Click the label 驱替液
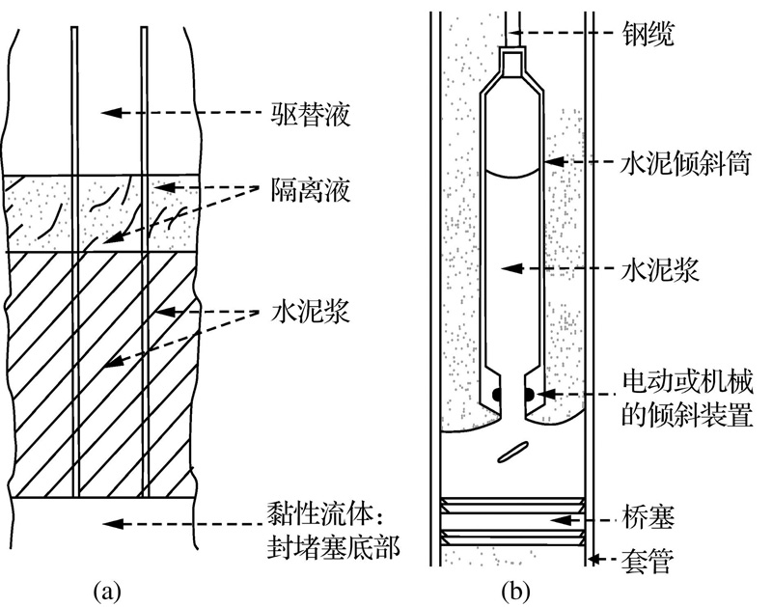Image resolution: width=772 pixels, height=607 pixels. click(x=310, y=114)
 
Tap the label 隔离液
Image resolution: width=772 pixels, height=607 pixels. click(x=310, y=189)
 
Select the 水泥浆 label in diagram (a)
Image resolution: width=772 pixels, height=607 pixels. click(x=310, y=311)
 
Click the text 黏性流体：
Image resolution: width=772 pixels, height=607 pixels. click(x=325, y=515)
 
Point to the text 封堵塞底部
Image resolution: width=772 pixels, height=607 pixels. click(x=333, y=547)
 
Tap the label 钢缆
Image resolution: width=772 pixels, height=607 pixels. click(x=648, y=34)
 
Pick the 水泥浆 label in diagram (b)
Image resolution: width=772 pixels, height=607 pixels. click(x=660, y=270)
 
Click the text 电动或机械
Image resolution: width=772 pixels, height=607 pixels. click(x=688, y=383)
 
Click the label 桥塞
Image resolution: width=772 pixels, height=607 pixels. click(x=648, y=517)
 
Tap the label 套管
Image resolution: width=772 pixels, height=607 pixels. click(x=648, y=561)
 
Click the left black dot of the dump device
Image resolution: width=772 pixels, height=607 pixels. click(x=498, y=395)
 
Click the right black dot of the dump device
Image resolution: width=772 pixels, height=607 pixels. click(x=528, y=395)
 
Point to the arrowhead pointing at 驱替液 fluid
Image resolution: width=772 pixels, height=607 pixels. click(x=112, y=113)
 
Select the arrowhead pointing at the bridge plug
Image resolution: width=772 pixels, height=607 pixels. click(x=561, y=520)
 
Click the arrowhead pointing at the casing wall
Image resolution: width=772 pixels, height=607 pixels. click(x=594, y=560)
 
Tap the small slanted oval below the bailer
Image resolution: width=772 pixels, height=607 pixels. click(x=512, y=452)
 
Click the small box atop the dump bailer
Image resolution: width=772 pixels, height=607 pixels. click(x=513, y=62)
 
